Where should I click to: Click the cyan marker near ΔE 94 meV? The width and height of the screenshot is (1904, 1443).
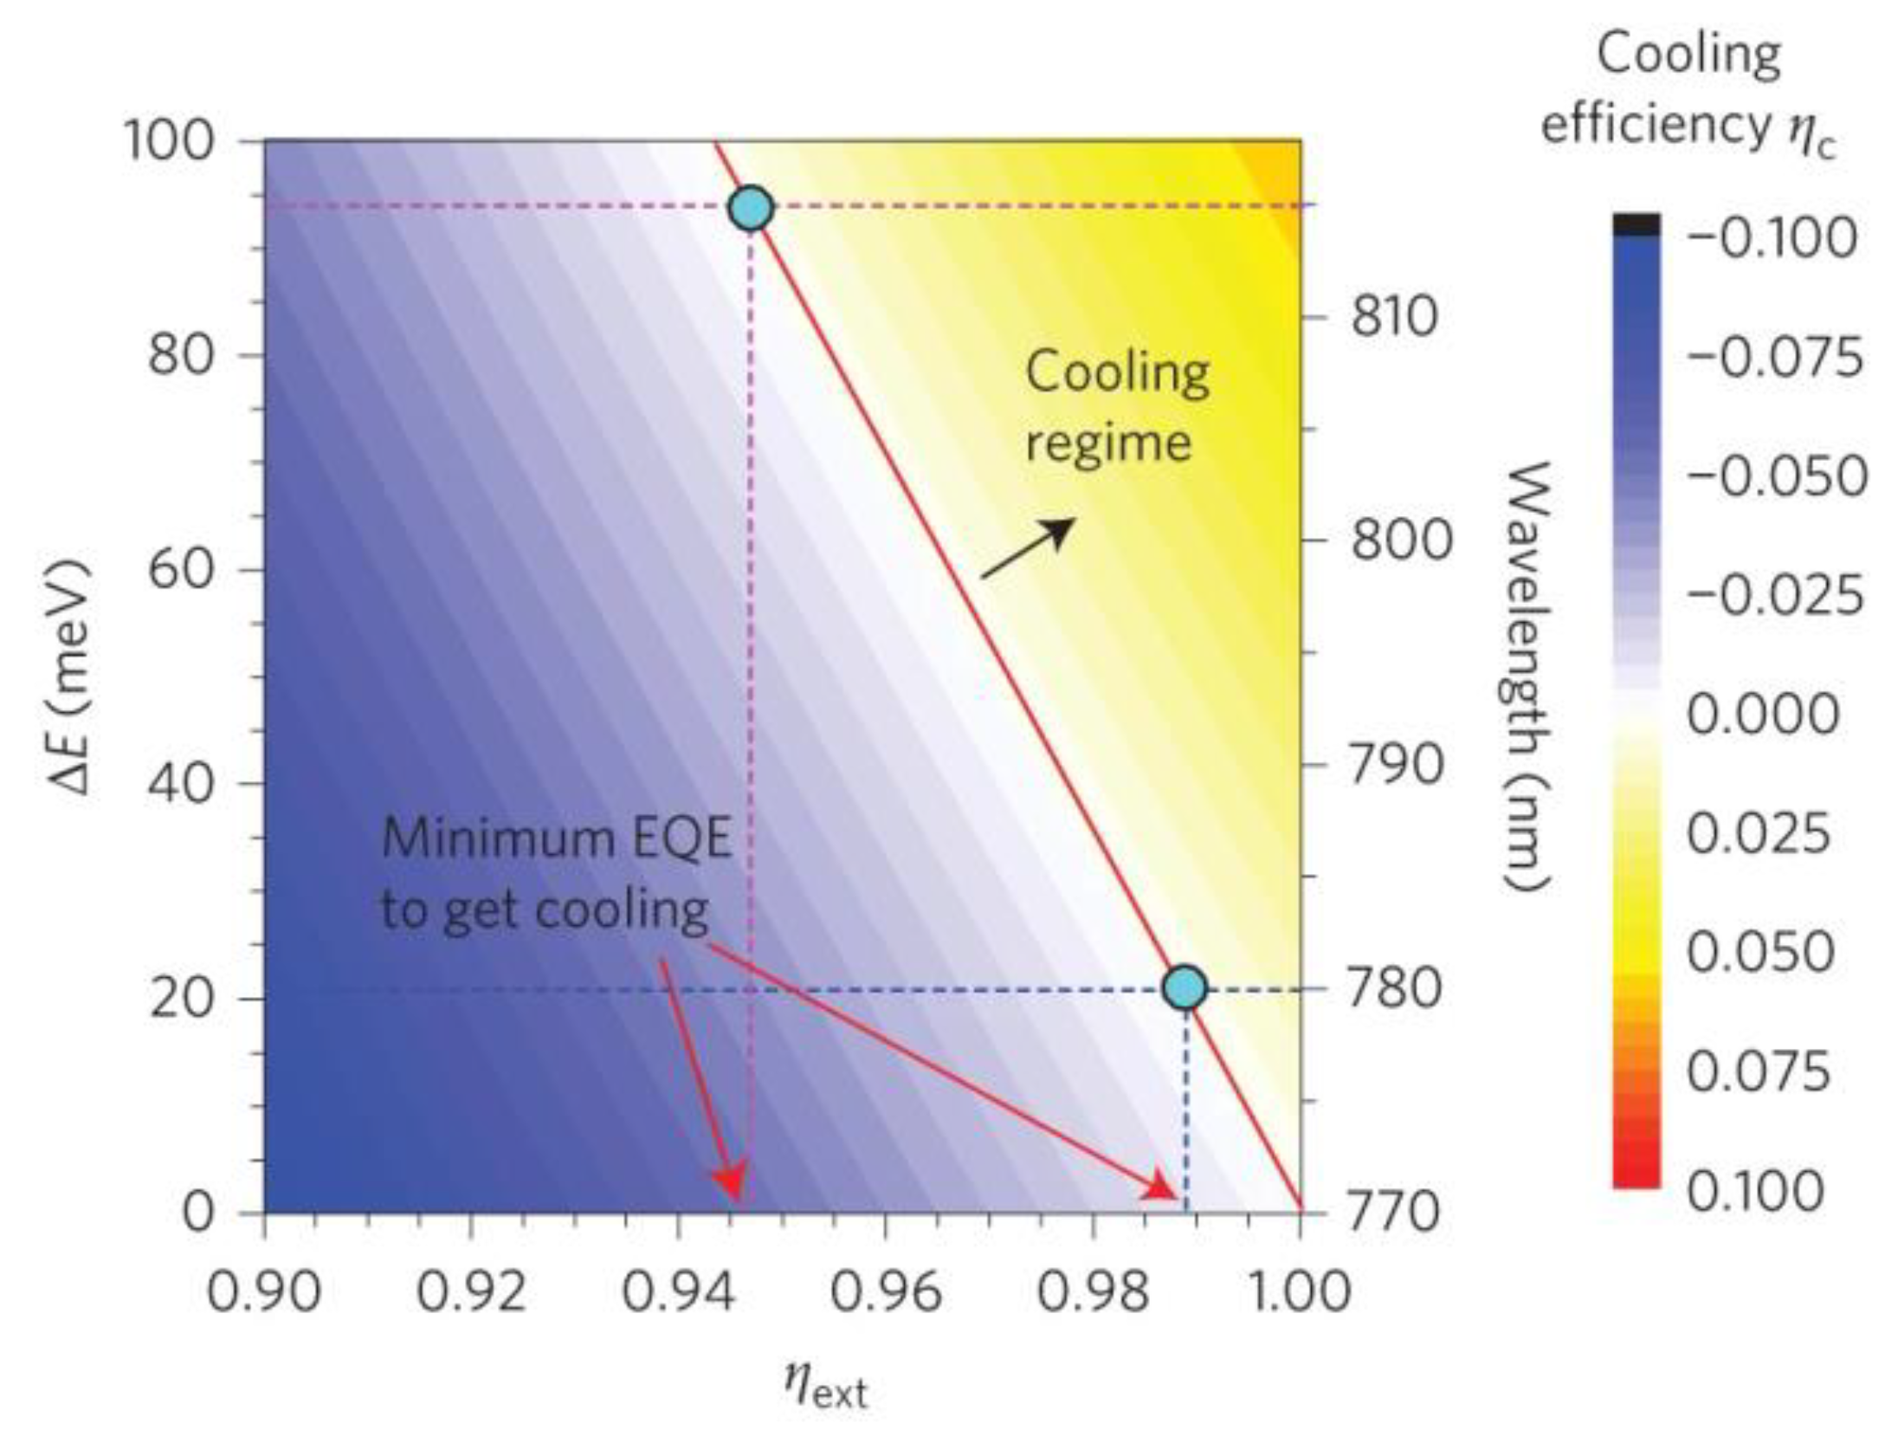coord(751,209)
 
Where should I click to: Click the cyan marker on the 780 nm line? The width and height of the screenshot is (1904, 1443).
coord(1185,987)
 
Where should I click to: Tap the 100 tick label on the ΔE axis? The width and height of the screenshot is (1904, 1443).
coord(170,141)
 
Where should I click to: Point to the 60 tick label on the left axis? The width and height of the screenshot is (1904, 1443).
coord(180,569)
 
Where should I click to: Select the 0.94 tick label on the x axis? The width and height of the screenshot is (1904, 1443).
coord(678,1293)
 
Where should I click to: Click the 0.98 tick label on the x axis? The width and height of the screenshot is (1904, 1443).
coord(1093,1293)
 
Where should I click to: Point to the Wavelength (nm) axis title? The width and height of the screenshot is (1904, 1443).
coord(1526,676)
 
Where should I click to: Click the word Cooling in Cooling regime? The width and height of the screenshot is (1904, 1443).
coord(1117,373)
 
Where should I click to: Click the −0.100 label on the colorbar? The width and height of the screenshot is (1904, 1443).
coord(1772,237)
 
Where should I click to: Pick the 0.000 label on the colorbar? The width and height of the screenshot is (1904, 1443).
coord(1762,715)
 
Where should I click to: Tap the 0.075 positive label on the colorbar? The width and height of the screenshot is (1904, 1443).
coord(1759,1072)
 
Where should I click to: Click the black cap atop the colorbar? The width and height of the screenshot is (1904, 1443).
coord(1636,224)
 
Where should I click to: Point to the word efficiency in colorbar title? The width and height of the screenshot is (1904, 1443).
coord(1655,126)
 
